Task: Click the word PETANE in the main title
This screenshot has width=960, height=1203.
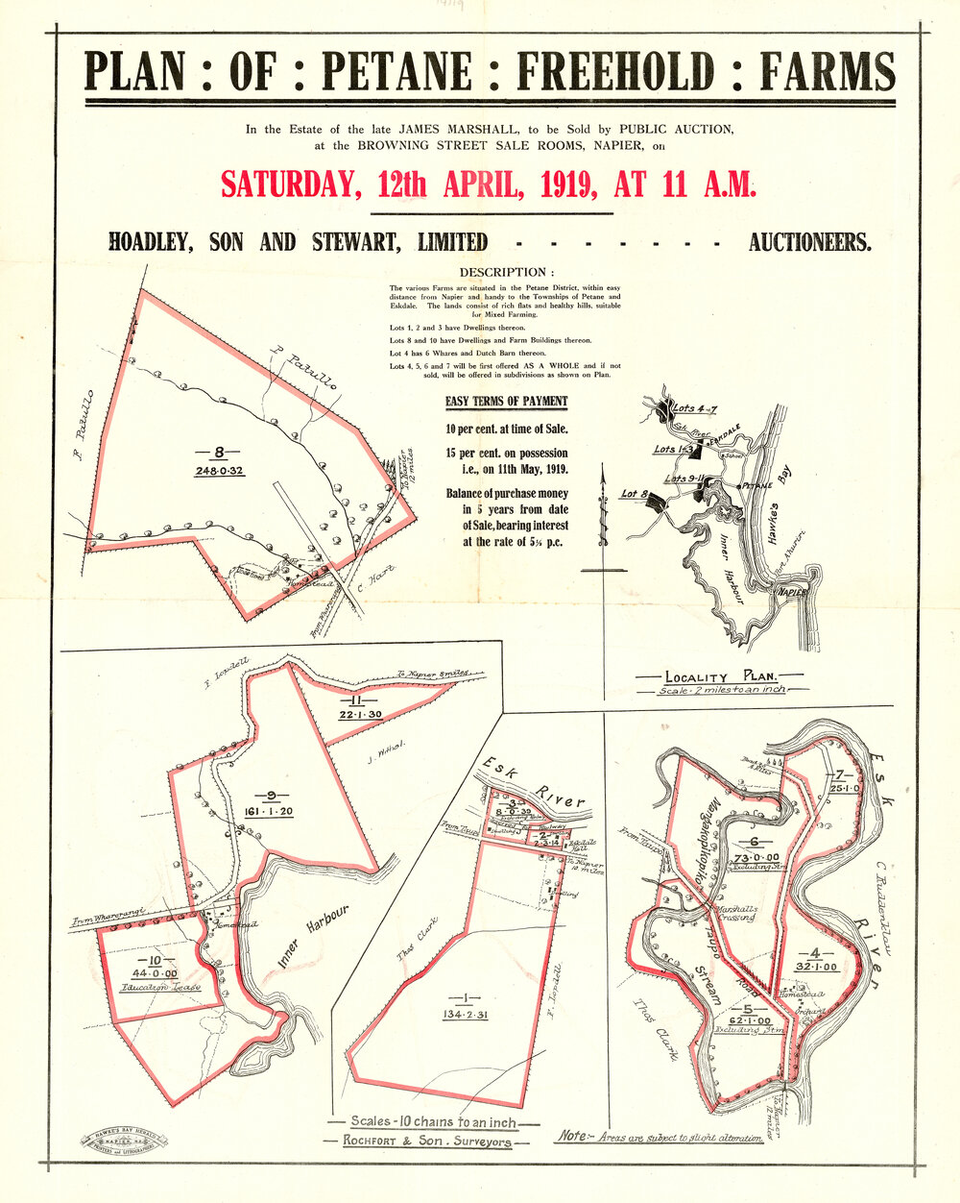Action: pyautogui.click(x=397, y=72)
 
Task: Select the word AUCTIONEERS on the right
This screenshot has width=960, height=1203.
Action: pyautogui.click(x=810, y=242)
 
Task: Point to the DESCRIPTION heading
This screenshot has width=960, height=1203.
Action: pyautogui.click(x=507, y=272)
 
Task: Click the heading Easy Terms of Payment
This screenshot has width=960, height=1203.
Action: pyautogui.click(x=506, y=402)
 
